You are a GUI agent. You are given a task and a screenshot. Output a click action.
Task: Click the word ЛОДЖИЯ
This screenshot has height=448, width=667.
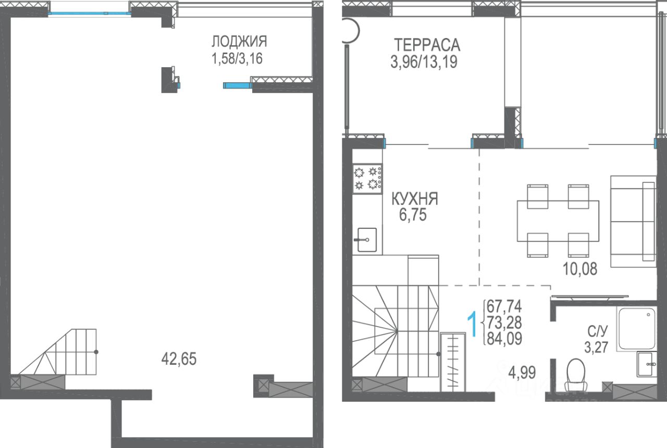click(239, 41)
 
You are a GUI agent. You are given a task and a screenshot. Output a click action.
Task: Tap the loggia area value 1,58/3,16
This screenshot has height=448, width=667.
click(237, 58)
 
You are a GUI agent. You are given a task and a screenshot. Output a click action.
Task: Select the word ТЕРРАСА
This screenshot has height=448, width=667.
click(427, 45)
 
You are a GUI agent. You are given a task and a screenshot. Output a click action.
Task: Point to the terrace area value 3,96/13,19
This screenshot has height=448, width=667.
click(424, 62)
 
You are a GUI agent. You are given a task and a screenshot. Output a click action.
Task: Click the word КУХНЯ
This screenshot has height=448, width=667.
click(415, 199)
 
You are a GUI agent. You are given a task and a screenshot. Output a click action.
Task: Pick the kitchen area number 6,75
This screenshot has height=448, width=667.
click(413, 215)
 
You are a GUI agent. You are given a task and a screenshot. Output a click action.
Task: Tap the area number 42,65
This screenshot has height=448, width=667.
click(179, 359)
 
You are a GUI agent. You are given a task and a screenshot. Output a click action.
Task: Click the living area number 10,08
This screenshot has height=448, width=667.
click(580, 268)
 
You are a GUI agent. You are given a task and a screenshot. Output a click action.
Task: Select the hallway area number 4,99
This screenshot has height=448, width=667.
click(522, 372)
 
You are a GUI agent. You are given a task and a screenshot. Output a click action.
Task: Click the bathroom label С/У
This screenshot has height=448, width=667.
click(597, 331)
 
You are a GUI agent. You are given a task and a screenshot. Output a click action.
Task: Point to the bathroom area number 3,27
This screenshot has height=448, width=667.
click(596, 347)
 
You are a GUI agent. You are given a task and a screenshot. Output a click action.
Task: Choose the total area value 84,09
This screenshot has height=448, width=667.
click(504, 339)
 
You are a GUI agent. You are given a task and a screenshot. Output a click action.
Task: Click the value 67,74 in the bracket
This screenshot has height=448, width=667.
click(504, 306)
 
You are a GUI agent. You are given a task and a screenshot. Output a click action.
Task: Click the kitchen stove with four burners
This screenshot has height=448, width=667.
click(367, 179)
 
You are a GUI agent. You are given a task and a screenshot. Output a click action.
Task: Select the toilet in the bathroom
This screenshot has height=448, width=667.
click(576, 375)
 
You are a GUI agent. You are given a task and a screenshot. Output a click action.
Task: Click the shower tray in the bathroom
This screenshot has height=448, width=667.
click(637, 328)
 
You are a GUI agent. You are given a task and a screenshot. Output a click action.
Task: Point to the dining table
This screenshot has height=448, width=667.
click(558, 221)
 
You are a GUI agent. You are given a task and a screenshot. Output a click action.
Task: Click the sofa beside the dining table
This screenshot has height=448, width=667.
click(633, 221)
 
